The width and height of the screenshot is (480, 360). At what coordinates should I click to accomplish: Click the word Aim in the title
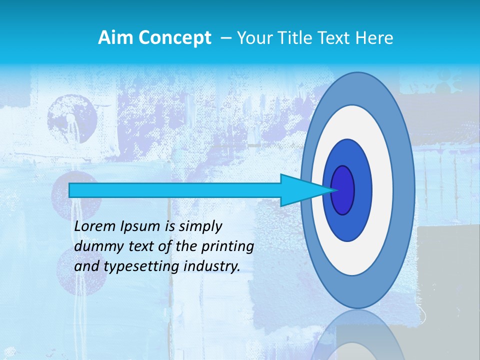click(113, 37)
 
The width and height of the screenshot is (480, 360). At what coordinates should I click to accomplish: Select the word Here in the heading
click(374, 38)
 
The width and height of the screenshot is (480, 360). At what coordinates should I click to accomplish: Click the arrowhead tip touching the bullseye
click(334, 190)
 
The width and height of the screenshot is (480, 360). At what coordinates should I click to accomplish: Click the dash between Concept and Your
click(225, 38)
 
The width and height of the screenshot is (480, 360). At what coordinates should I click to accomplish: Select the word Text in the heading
click(334, 38)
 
